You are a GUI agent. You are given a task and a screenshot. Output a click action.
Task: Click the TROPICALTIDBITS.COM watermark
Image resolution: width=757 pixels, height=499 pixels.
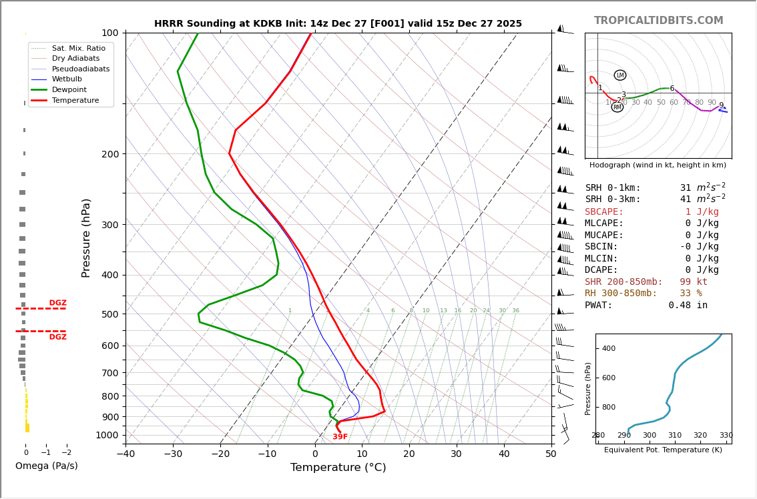coord(658,21)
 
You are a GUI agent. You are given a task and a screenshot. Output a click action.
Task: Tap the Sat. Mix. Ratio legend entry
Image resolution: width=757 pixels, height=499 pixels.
coord(78,48)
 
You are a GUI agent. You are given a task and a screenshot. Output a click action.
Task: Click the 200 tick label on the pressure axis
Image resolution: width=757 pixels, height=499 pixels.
coord(110,154)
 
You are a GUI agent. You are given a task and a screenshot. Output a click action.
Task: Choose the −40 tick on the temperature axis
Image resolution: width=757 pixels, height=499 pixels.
coord(125,454)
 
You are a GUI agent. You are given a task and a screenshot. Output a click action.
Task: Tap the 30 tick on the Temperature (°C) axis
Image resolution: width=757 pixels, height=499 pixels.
coord(457,454)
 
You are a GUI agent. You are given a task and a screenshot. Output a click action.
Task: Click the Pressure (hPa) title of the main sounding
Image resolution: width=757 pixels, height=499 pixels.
coord(86,237)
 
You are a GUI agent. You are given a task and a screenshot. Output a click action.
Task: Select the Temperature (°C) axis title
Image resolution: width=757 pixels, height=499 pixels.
coord(338,468)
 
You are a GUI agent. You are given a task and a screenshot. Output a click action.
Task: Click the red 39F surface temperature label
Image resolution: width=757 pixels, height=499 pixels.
coord(340,437)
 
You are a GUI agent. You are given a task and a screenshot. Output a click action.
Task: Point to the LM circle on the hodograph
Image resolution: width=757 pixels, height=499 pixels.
coord(620,75)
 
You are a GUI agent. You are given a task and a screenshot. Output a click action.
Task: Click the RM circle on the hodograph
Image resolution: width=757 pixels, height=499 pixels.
coord(617,107)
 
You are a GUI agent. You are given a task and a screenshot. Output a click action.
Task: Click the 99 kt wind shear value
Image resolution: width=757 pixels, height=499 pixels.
coord(694,282)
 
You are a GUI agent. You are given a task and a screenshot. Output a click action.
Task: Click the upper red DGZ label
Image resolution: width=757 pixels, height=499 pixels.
coord(58,303)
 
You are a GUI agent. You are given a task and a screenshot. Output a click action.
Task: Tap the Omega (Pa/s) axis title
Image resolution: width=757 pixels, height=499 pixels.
coord(46,466)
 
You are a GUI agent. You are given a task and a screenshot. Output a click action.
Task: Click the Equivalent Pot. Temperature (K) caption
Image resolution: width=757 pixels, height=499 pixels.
coord(664,450)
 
